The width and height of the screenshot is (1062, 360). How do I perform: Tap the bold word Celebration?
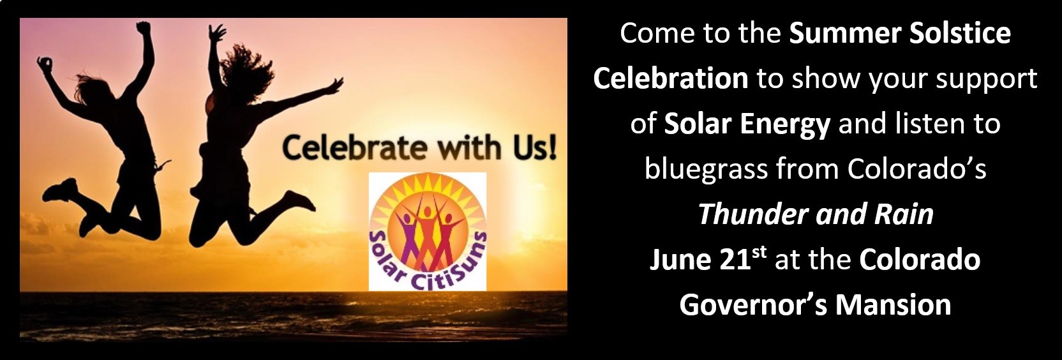670,79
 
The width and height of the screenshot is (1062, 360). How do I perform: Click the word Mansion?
894,305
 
